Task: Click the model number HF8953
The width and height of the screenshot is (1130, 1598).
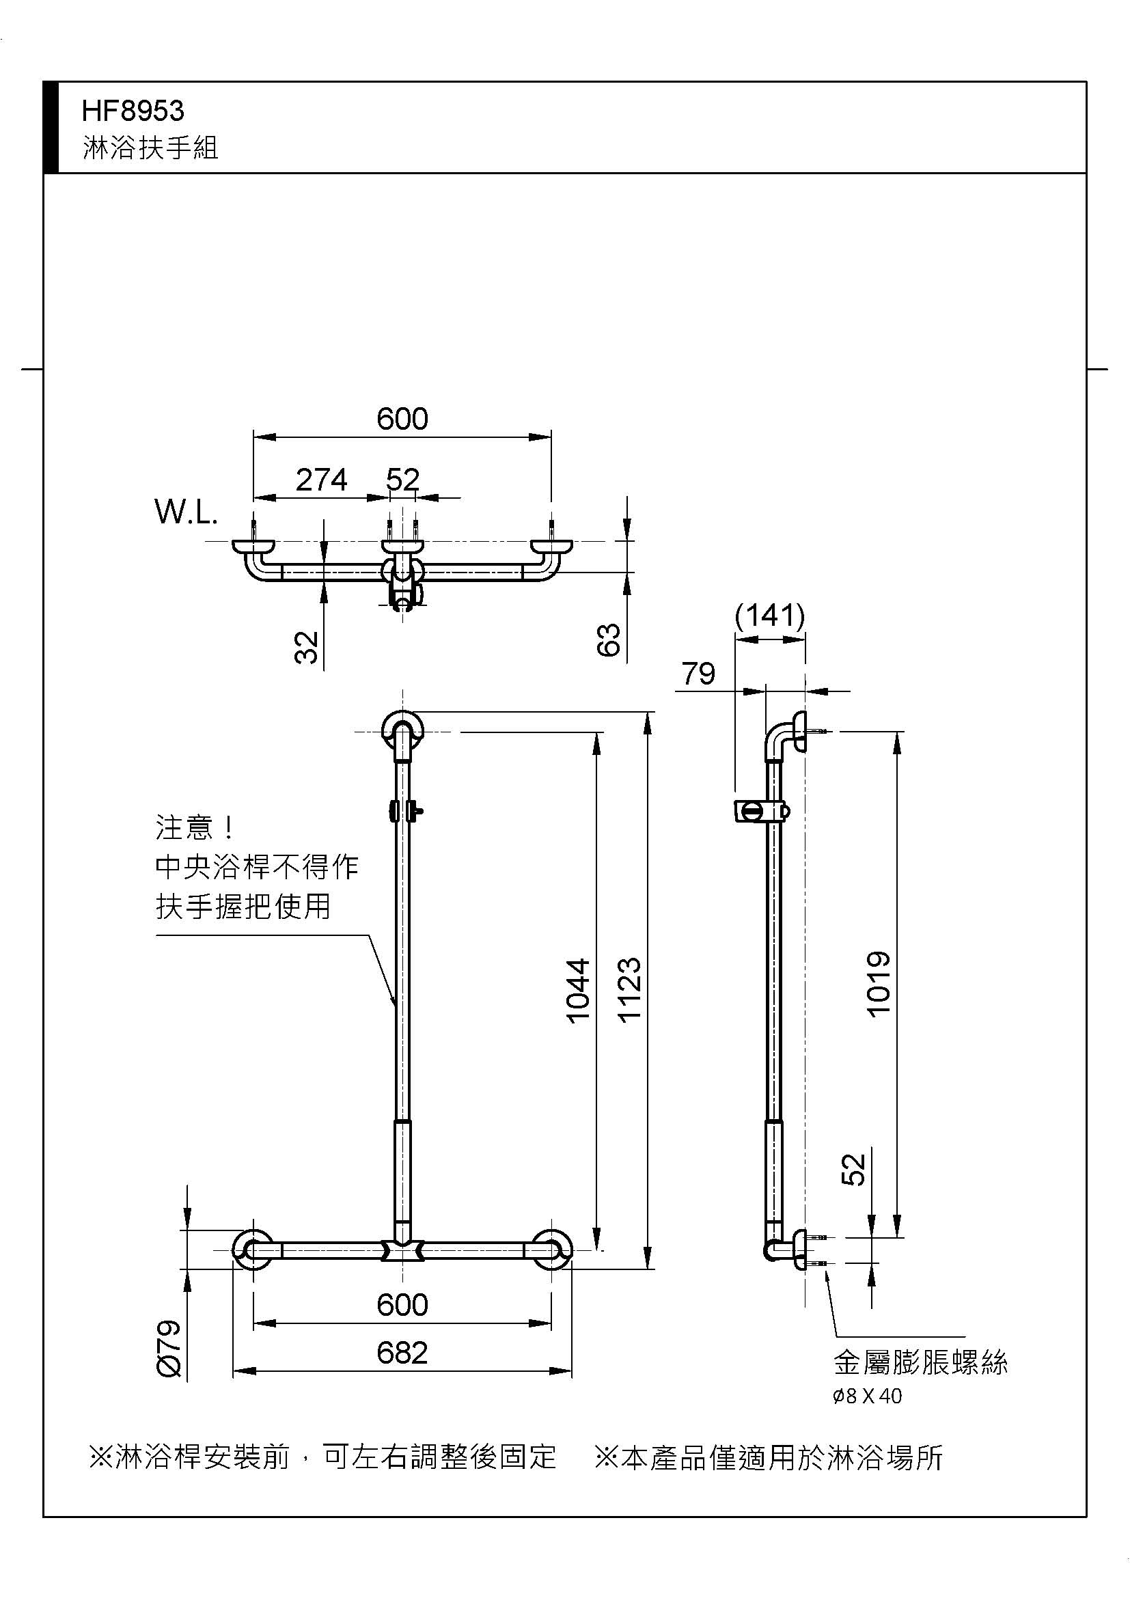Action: tap(133, 111)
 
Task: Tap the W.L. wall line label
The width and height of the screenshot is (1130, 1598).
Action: tap(186, 513)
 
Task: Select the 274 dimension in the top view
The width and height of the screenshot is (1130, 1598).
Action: tap(322, 480)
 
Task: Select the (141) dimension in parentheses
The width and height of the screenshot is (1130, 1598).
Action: tap(769, 616)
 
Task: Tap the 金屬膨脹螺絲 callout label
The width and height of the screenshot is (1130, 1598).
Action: tap(920, 1364)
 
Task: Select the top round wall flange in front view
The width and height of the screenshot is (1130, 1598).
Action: tap(403, 731)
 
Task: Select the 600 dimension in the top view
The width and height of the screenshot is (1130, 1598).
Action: tap(402, 419)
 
